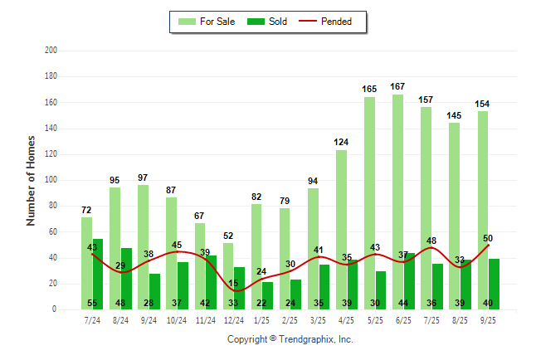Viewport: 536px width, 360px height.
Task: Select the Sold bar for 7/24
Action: (98, 274)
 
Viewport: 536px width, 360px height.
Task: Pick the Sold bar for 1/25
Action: (267, 290)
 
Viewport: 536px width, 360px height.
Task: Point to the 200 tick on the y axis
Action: (51, 51)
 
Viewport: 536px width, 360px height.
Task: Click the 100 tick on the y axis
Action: (51, 180)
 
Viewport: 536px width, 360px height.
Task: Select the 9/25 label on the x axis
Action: (488, 319)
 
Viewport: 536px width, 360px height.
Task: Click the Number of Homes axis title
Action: (31, 180)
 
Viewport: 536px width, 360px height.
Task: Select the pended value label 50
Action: (487, 238)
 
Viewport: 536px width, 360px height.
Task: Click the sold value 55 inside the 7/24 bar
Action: (92, 303)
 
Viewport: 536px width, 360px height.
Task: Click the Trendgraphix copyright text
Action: (290, 339)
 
